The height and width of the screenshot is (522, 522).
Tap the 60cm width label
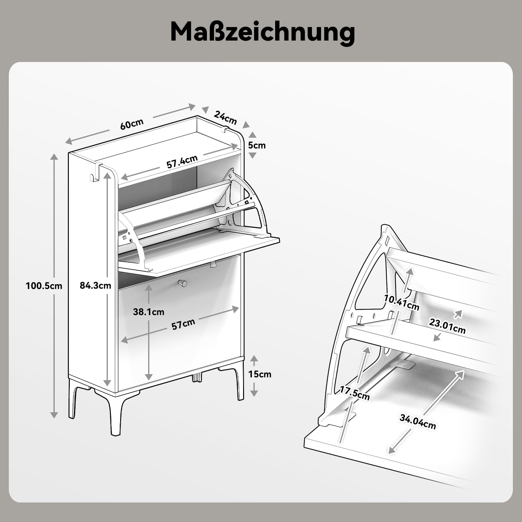click(x=132, y=124)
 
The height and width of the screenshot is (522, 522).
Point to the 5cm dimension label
click(x=257, y=145)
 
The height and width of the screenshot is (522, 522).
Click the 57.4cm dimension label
click(x=182, y=162)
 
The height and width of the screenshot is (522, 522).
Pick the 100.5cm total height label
click(x=44, y=286)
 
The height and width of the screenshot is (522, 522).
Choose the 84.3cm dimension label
click(x=95, y=285)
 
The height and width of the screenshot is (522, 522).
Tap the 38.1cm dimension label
click(x=148, y=312)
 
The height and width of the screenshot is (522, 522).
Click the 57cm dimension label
click(x=183, y=324)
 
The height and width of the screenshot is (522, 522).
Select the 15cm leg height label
click(x=260, y=374)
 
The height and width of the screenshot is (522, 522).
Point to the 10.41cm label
click(x=402, y=303)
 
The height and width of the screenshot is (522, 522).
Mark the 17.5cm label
click(x=355, y=393)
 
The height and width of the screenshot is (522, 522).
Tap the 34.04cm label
click(x=418, y=422)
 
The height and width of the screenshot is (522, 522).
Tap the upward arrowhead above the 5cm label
click(x=253, y=135)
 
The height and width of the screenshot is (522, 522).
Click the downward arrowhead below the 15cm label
click(x=254, y=393)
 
